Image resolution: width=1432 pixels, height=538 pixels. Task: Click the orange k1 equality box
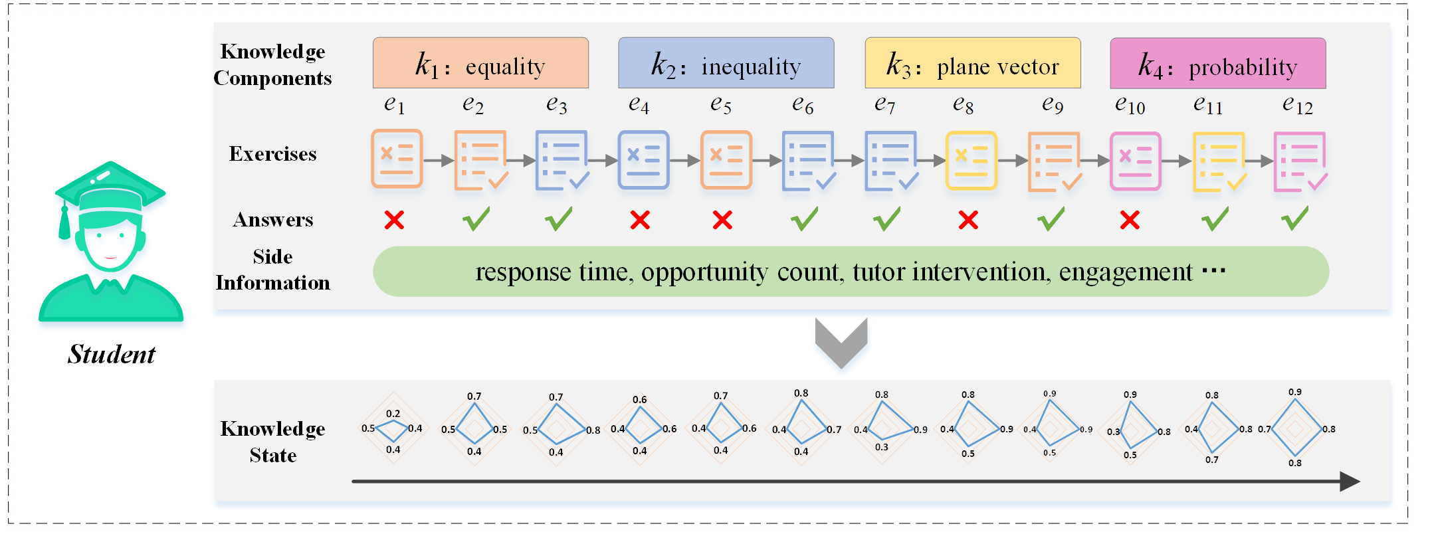(480, 63)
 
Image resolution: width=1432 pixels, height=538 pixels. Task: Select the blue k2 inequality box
(726, 63)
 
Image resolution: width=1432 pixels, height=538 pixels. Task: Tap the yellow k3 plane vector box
(972, 63)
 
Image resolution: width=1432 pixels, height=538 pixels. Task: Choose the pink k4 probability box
(1217, 63)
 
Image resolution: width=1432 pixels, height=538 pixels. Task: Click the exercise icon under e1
(397, 159)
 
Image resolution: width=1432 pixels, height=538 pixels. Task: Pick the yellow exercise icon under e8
(971, 160)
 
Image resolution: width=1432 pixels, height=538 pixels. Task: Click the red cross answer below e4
(640, 220)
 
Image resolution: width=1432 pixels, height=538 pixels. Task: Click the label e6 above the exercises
(803, 104)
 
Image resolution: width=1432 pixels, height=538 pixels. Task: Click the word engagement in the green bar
(1126, 272)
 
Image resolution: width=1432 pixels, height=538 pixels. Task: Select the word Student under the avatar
(112, 354)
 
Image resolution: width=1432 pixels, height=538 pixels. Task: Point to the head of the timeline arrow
(1349, 481)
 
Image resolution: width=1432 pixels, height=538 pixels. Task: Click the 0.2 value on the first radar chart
(393, 413)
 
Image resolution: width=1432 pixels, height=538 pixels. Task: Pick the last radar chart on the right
(1295, 429)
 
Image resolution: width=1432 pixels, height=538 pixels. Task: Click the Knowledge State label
(272, 442)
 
